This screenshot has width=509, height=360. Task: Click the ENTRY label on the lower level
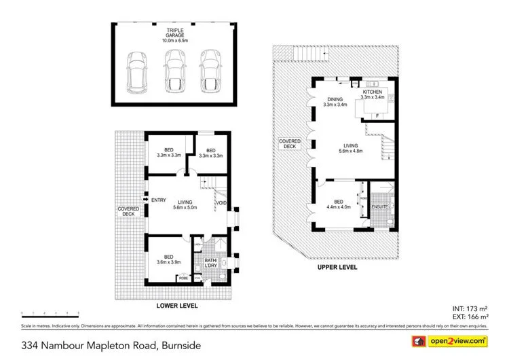click(x=159, y=200)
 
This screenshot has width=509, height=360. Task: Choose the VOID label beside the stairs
click(x=221, y=202)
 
